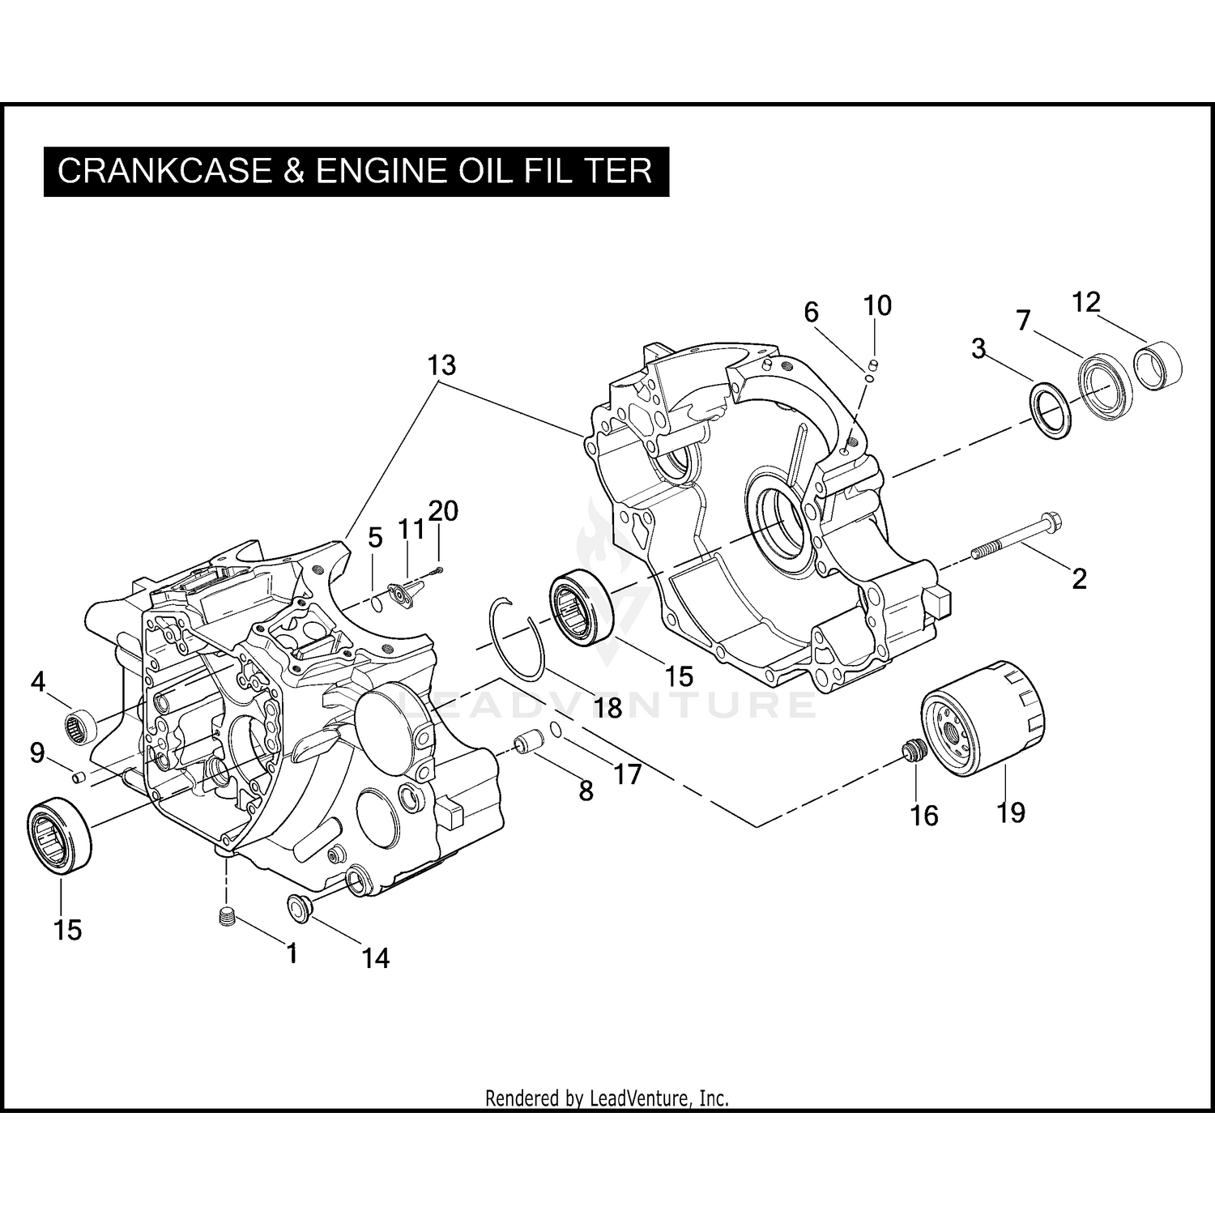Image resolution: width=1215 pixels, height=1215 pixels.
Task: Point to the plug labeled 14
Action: [300, 907]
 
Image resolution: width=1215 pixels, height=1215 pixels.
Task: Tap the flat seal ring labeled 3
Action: [1051, 411]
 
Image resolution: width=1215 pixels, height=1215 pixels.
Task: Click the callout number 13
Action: [442, 365]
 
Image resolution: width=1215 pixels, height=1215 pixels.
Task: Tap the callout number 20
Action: [442, 510]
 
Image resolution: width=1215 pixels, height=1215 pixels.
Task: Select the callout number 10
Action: [877, 305]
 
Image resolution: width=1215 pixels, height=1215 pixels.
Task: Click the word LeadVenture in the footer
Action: [639, 1099]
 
